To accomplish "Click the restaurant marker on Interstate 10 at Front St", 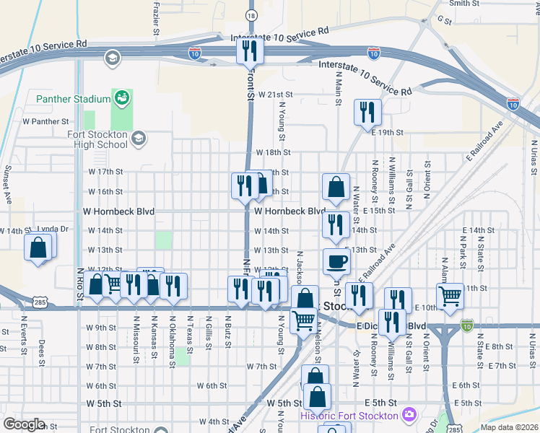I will pyautogui.click(x=250, y=51).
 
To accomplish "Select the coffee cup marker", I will pyautogui.click(x=336, y=261).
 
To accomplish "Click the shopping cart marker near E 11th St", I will pyautogui.click(x=450, y=294).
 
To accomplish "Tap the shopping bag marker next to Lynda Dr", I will pyautogui.click(x=38, y=248).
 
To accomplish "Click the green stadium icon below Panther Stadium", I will pyautogui.click(x=121, y=97).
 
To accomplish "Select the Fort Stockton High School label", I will pyautogui.click(x=97, y=139).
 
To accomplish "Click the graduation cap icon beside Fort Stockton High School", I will pyautogui.click(x=139, y=137).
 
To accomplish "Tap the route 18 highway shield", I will pyautogui.click(x=251, y=14).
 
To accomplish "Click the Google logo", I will pyautogui.click(x=25, y=424).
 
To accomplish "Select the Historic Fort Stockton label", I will pyautogui.click(x=349, y=416).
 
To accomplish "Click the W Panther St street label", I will pyautogui.click(x=45, y=122).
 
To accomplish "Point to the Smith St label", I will pyautogui.click(x=464, y=4).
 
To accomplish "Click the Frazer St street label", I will pyautogui.click(x=157, y=10).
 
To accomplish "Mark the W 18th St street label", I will pyautogui.click(x=273, y=153).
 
